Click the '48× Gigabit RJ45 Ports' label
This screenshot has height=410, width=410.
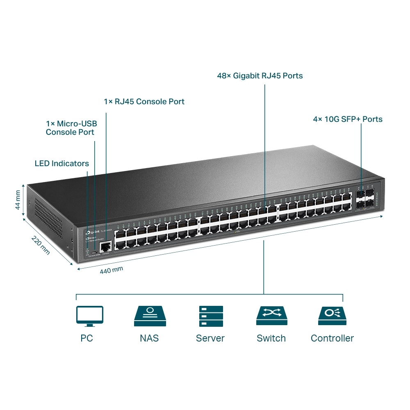tap(260, 76)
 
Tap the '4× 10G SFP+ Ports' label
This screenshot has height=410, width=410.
tap(348, 119)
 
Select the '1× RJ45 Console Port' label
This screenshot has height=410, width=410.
tap(144, 101)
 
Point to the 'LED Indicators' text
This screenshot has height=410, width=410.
tap(61, 164)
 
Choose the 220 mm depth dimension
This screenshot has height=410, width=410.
tap(41, 245)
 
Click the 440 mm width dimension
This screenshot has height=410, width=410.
tap(112, 269)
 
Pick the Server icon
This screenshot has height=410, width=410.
tap(210, 316)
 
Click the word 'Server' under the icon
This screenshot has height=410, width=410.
tap(210, 338)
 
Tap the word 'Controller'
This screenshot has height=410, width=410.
tap(332, 338)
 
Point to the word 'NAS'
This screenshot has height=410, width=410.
tap(149, 338)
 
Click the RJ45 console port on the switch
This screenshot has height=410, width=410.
tap(106, 246)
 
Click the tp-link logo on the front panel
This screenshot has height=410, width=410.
tap(91, 233)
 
